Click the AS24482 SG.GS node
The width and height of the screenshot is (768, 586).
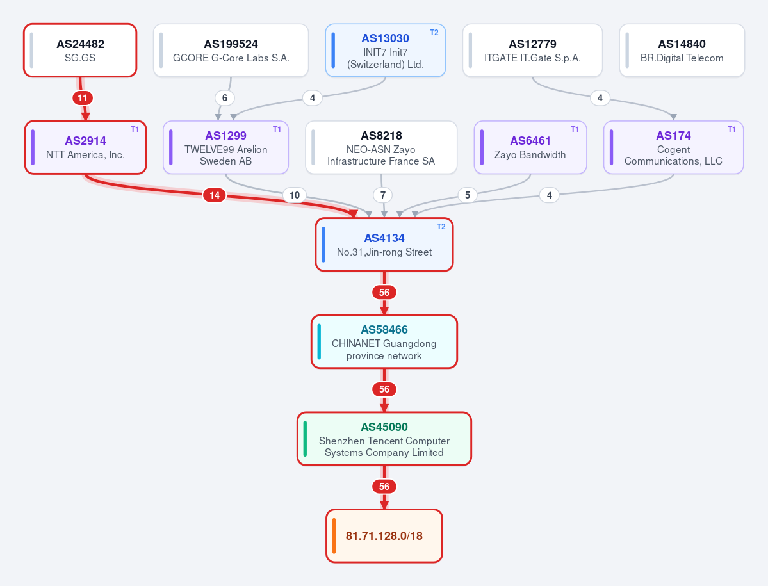coord(80,51)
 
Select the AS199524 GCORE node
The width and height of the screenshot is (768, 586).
coord(231,51)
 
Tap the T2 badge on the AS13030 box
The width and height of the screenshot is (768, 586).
coord(434,33)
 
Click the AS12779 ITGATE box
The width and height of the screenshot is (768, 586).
coord(532,51)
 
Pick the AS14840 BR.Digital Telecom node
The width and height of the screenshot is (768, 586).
coord(682,51)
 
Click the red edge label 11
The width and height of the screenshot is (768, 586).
coord(82,98)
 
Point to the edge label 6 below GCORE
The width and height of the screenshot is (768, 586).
coord(225,98)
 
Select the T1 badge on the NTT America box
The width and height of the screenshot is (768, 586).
coord(135,130)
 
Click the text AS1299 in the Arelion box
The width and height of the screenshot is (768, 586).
coord(226,136)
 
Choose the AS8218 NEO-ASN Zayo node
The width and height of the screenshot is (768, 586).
coord(381,147)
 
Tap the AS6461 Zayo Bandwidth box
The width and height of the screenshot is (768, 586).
coord(530,147)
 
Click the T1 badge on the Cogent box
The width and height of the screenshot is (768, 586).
coord(731,130)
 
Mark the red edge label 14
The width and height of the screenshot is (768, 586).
coord(215,195)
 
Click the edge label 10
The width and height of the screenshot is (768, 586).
coord(295,195)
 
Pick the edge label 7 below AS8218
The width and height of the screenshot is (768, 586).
coord(383,195)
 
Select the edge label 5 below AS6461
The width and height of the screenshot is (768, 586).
coord(467,195)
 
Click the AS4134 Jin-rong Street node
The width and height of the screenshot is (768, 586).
coord(384,245)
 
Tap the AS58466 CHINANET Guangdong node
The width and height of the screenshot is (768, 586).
coord(384,342)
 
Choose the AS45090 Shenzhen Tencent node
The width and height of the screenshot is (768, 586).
coord(384,439)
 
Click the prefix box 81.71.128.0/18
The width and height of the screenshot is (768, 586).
coord(384,536)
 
